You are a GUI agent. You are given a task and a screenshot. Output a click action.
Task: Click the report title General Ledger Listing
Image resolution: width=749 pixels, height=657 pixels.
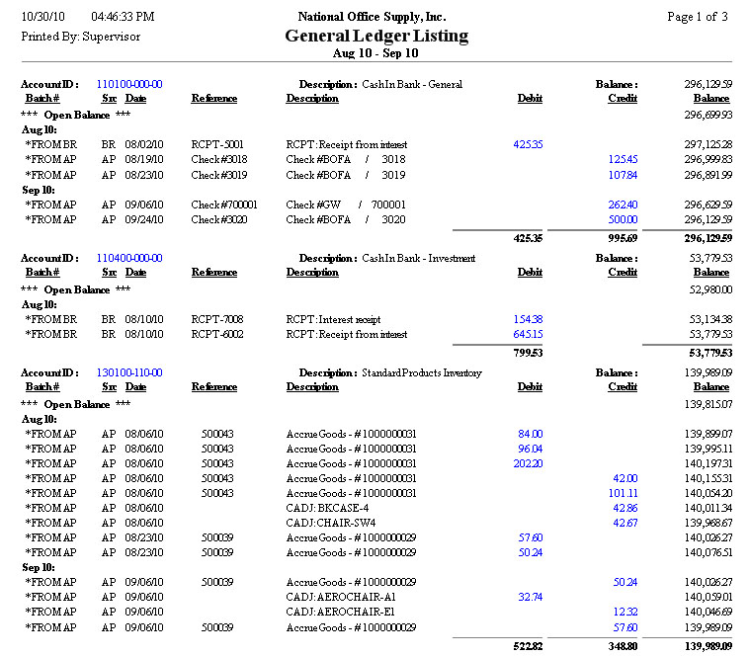point(376,36)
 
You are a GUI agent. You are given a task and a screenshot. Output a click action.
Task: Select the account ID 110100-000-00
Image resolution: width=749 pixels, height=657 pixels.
point(129,85)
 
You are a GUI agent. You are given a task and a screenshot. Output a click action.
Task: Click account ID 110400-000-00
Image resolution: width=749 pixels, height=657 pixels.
point(129,259)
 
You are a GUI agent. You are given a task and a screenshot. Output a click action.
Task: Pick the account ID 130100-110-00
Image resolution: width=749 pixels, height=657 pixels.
point(129,373)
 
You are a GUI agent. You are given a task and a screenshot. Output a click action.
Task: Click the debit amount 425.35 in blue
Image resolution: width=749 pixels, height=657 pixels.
point(528,145)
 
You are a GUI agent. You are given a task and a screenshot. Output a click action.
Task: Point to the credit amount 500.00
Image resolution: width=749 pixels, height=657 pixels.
point(623,219)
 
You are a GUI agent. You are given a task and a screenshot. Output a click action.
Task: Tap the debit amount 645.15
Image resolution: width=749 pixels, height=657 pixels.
point(528,335)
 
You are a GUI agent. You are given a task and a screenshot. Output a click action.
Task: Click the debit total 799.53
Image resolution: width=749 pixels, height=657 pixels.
point(526,353)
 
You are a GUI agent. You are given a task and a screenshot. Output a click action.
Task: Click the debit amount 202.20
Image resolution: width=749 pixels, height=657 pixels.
point(528,463)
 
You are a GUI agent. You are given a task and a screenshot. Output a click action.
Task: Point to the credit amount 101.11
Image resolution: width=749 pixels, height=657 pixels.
point(623,493)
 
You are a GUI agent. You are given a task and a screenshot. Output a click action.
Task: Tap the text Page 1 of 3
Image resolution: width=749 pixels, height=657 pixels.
point(698,17)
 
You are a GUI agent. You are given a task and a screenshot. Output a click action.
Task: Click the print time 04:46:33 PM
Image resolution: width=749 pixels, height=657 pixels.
point(123,17)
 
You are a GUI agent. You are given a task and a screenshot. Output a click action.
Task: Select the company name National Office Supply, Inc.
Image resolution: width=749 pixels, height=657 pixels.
point(372,17)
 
